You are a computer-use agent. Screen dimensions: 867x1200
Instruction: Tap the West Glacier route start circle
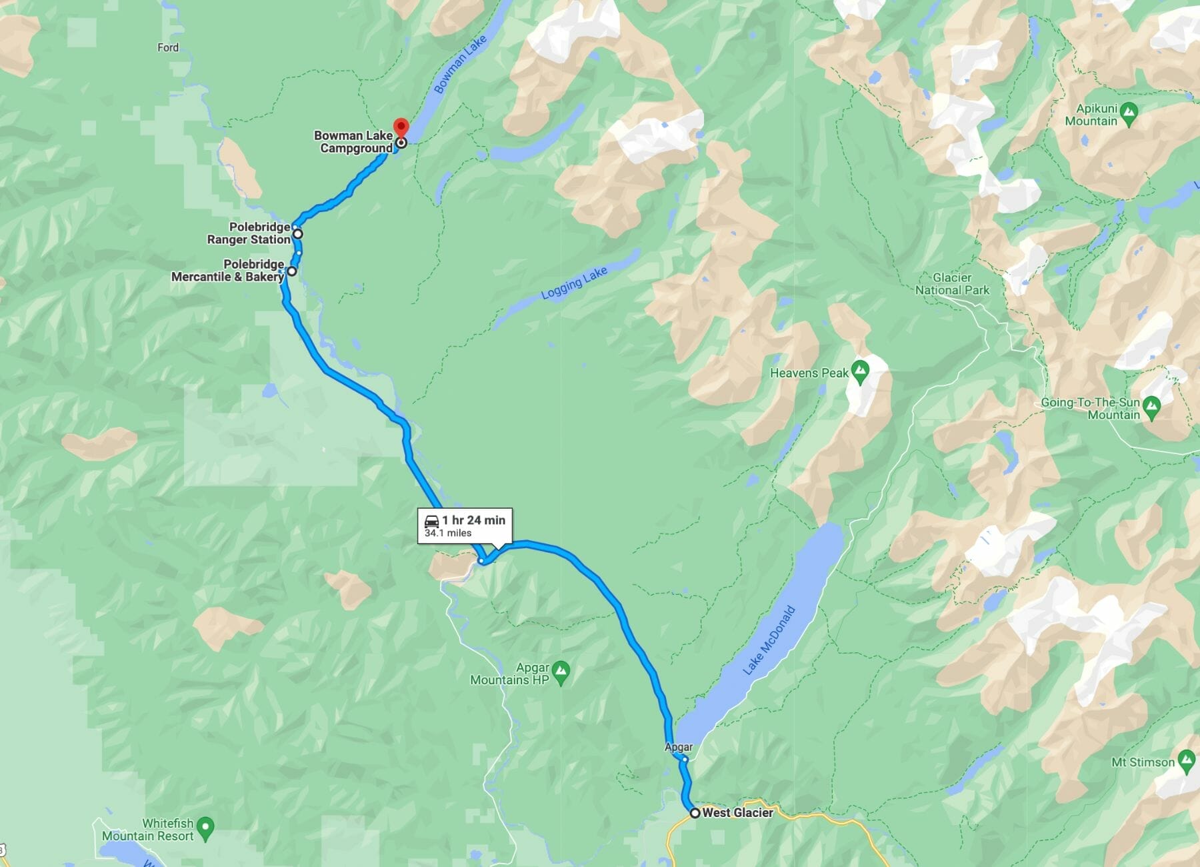point(695,813)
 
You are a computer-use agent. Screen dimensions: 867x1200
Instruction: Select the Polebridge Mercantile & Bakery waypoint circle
point(292,271)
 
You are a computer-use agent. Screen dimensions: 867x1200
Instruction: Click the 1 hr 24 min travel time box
point(465,526)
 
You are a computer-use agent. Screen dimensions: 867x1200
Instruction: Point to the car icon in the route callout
point(431,521)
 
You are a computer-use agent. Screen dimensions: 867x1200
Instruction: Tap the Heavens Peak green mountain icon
point(860,371)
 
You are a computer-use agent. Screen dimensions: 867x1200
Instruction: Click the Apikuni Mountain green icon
point(1128,114)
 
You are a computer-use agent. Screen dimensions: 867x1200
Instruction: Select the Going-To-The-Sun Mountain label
point(1090,408)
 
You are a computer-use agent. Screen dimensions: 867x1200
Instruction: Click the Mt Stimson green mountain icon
point(1186,761)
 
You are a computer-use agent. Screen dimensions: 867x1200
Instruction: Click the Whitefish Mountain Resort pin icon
point(206,829)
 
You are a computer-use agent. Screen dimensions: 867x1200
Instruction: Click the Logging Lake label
point(574,283)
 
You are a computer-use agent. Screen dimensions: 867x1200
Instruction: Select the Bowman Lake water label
point(460,65)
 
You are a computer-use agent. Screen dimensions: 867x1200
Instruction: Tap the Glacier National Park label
point(952,284)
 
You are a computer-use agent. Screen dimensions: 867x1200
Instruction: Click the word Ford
point(168,47)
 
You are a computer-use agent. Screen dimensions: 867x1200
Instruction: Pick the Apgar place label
point(679,747)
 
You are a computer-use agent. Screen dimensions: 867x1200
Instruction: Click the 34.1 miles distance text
point(448,533)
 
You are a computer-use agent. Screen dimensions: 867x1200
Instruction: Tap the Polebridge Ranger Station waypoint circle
point(298,234)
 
